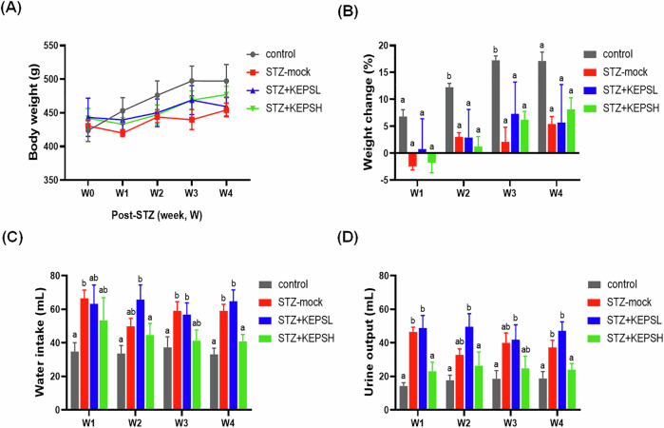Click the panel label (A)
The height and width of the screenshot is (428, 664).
16,10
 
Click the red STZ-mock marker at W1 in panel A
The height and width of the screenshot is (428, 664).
123,133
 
